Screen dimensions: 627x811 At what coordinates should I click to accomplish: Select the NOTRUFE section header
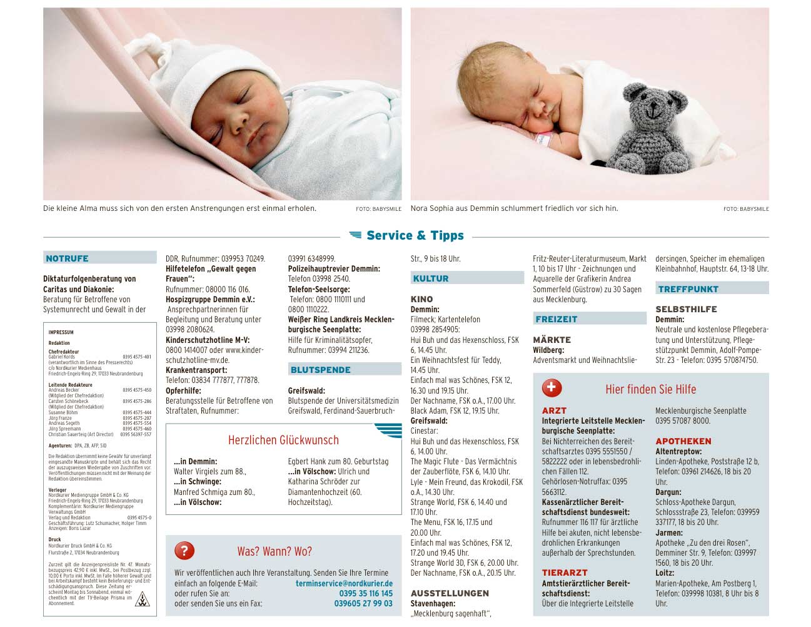[x=68, y=258]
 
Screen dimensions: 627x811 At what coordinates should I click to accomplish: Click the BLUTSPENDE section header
[x=320, y=370]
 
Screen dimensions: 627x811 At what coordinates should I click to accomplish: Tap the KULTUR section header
[x=431, y=278]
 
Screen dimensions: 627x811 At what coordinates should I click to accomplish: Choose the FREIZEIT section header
[x=557, y=319]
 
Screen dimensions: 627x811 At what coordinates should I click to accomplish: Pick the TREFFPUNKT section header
[x=688, y=289]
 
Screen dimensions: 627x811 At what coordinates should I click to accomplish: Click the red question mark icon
[x=184, y=551]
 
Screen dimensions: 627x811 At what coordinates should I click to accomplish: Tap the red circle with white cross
[x=552, y=388]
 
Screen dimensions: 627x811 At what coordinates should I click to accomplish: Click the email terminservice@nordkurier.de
[x=344, y=583]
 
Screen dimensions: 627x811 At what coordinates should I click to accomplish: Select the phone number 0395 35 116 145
[x=366, y=593]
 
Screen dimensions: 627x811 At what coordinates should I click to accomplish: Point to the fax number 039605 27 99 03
[x=363, y=603]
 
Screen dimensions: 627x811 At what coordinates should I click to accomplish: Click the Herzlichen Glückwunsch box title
[x=283, y=440]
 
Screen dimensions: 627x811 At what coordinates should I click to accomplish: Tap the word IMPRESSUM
[x=61, y=332]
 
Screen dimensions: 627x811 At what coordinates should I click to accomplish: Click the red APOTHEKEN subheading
[x=683, y=441]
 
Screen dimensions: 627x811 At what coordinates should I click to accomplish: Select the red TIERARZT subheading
[x=565, y=573]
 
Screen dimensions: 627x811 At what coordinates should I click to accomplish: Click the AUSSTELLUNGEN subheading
[x=450, y=593]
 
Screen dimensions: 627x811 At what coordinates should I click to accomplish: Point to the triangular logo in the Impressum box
[x=143, y=601]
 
